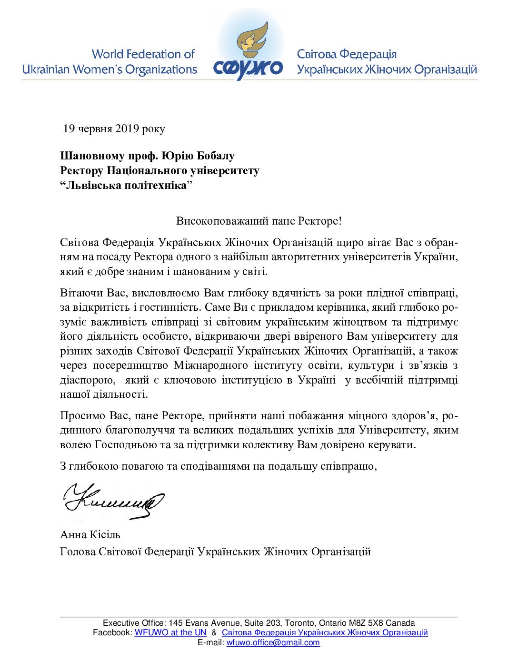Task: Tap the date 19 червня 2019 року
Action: [x=114, y=128]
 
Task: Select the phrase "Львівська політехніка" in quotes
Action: [x=126, y=185]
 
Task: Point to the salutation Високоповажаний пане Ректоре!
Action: [x=259, y=221]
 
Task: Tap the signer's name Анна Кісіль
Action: [x=90, y=534]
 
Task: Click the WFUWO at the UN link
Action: [x=170, y=632]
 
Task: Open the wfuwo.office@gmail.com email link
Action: [x=273, y=642]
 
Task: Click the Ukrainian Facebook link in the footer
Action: [x=325, y=632]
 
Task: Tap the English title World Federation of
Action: [x=143, y=54]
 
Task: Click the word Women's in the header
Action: [x=98, y=69]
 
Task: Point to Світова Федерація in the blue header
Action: [x=347, y=54]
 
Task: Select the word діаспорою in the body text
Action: [x=87, y=380]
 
